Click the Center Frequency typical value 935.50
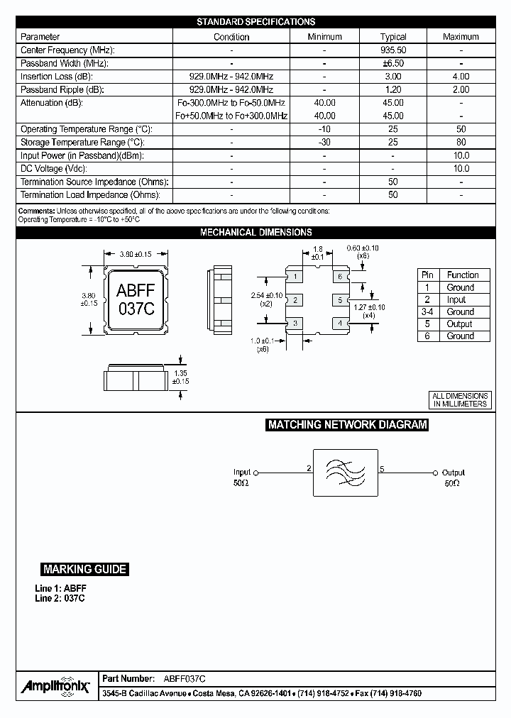[x=392, y=50]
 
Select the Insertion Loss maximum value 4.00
[x=461, y=77]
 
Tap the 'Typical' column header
[x=392, y=37]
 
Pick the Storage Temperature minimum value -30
[x=324, y=143]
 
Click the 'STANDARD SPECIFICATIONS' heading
[x=255, y=22]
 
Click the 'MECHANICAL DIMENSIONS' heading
[x=255, y=232]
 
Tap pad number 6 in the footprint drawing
[x=340, y=276]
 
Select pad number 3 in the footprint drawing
[x=295, y=324]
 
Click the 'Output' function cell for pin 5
[x=460, y=324]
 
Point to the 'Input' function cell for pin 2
[x=456, y=299]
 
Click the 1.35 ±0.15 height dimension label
[x=182, y=377]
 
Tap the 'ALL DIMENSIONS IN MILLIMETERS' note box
[x=461, y=399]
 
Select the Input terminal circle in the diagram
[x=256, y=473]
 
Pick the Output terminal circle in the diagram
[x=434, y=473]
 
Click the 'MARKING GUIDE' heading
[x=84, y=569]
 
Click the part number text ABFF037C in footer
[x=185, y=679]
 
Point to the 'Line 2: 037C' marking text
[x=60, y=598]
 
